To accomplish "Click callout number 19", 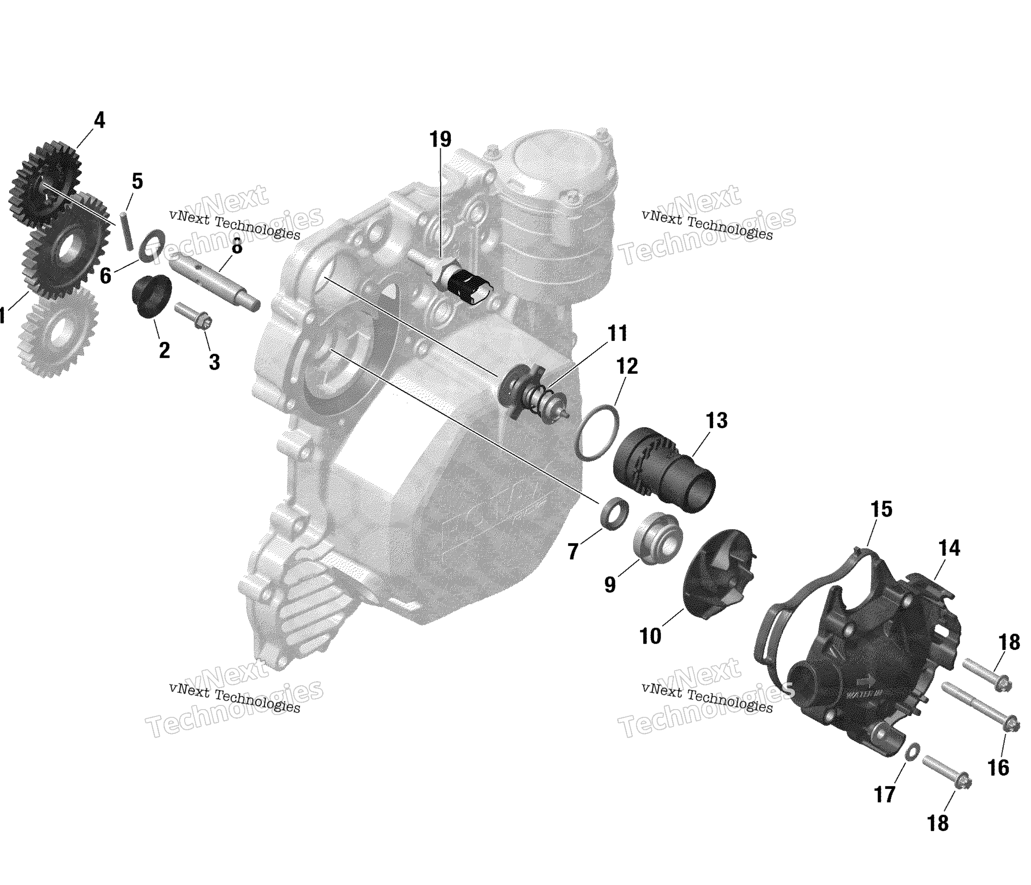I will pyautogui.click(x=440, y=140).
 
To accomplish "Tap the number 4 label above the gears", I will pyautogui.click(x=99, y=120).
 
